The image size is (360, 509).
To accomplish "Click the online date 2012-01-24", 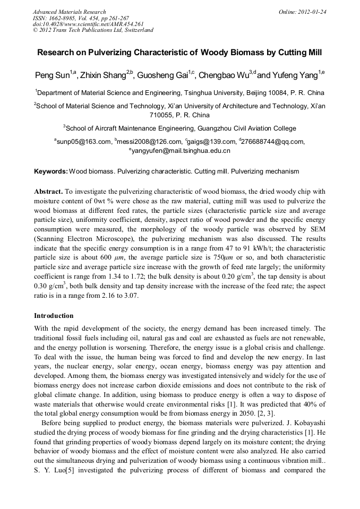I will [x=310, y=12].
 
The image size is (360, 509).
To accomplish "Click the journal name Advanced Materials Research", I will [x=70, y=12].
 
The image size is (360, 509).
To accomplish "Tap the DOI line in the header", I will [x=88, y=24].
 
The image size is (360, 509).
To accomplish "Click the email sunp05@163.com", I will [x=84, y=142].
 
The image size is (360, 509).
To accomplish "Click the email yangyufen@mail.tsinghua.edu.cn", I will [x=181, y=151].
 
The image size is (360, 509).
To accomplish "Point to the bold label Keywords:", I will [x=51, y=171].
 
